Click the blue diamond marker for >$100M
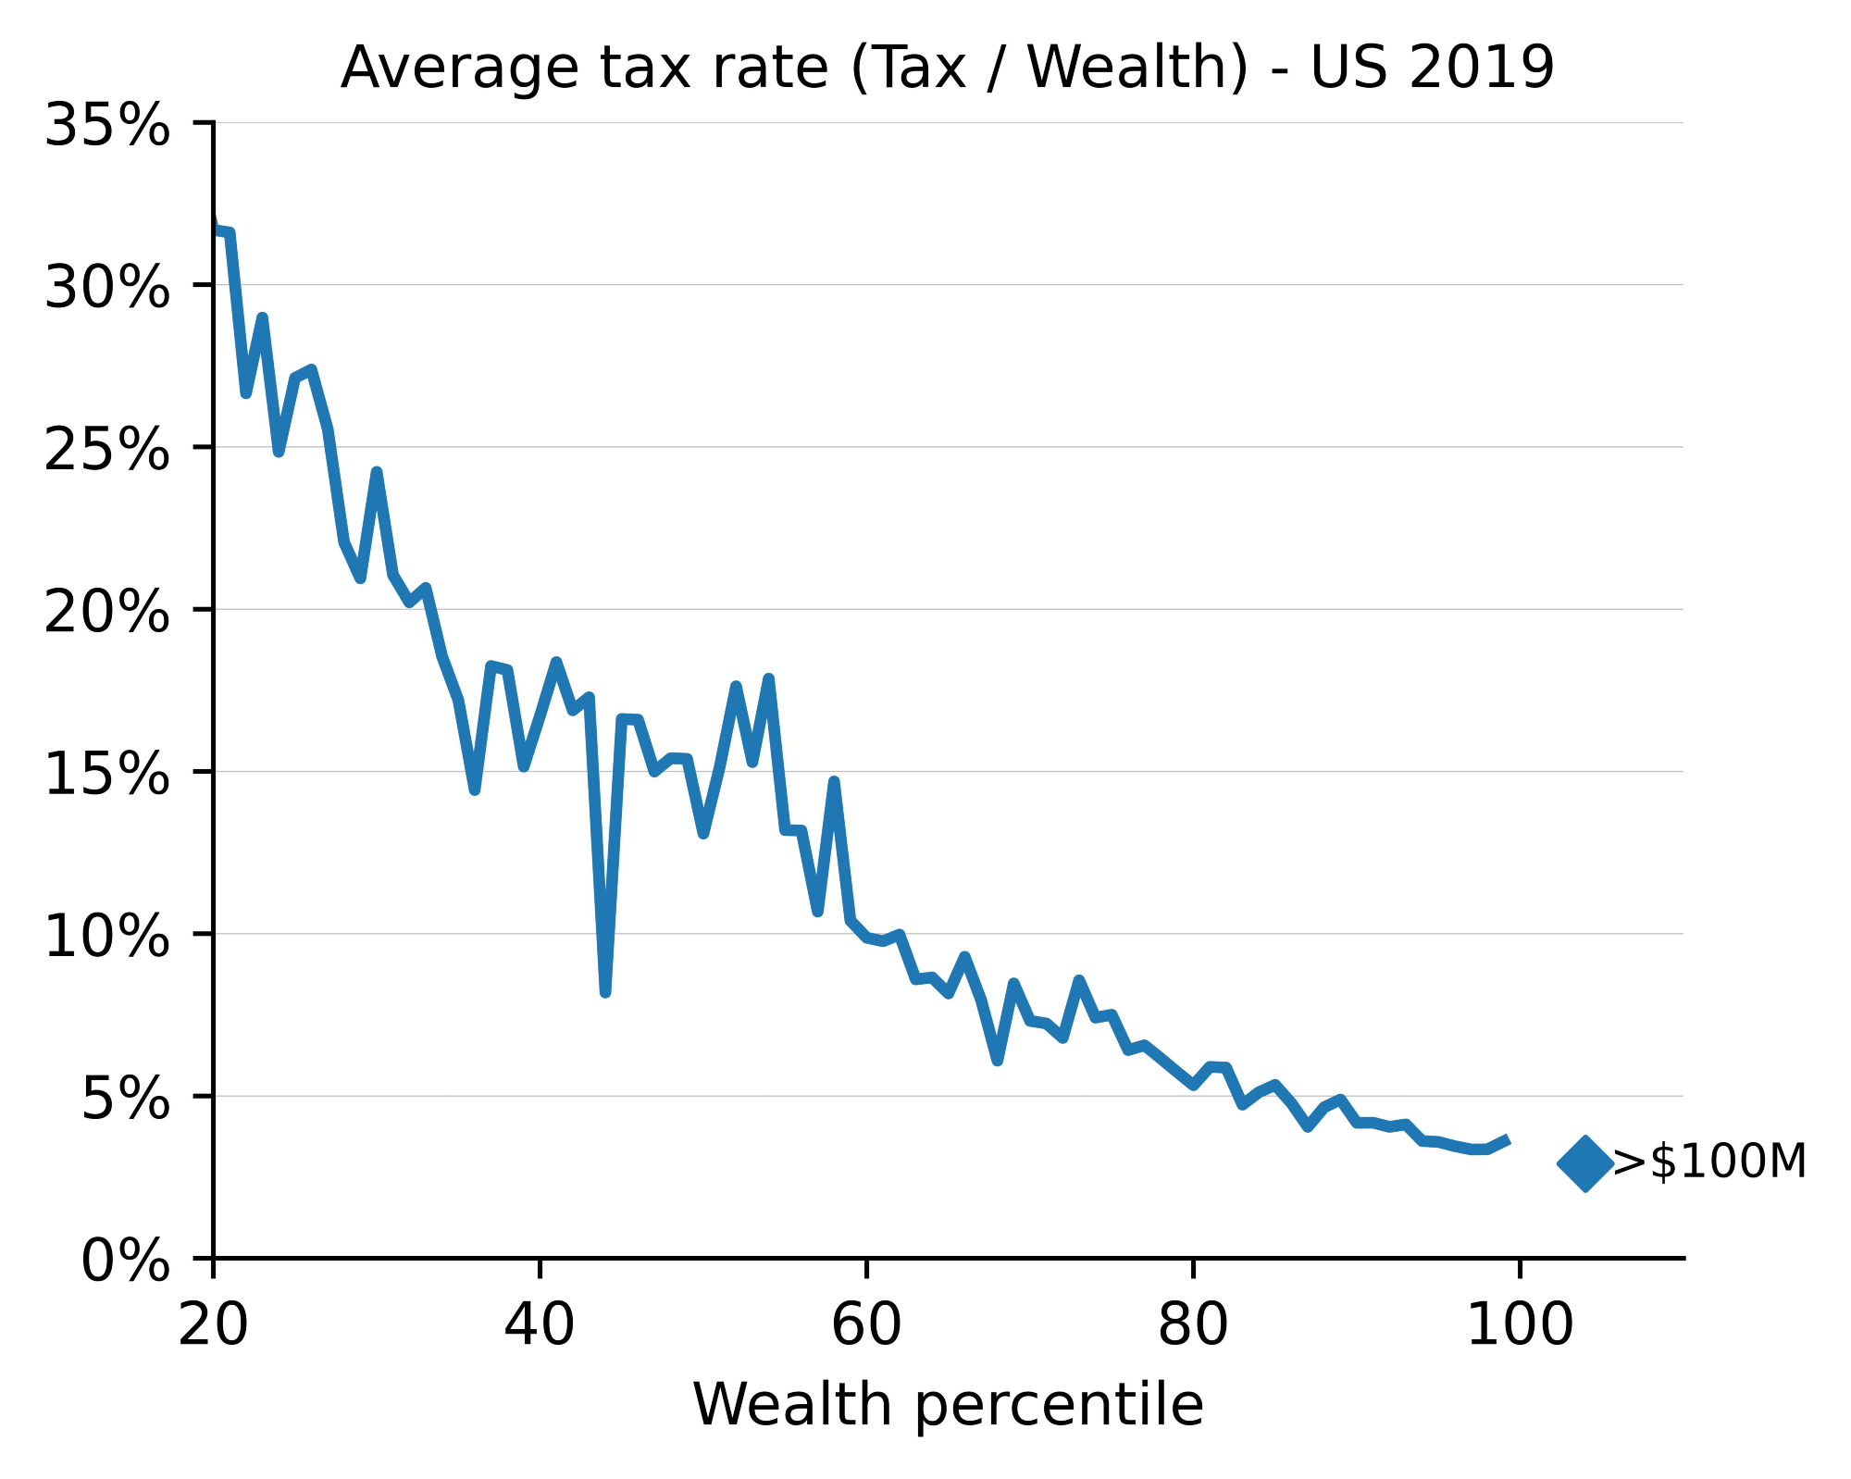click(x=1584, y=1163)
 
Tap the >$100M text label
click(x=1709, y=1162)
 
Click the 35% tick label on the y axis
click(x=106, y=125)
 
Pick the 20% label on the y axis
click(x=106, y=612)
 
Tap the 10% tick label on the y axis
click(x=106, y=937)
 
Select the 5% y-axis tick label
click(x=125, y=1099)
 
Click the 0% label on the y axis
click(x=125, y=1261)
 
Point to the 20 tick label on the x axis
click(x=213, y=1325)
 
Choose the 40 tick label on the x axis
click(x=540, y=1325)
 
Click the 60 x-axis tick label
click(x=866, y=1325)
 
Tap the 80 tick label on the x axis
click(x=1193, y=1325)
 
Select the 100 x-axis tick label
click(x=1520, y=1325)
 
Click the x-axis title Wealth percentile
click(x=948, y=1405)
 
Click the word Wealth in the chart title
click(x=1138, y=68)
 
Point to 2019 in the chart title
click(x=1481, y=68)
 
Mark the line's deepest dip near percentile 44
click(x=605, y=992)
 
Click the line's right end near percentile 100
click(x=1508, y=1140)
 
